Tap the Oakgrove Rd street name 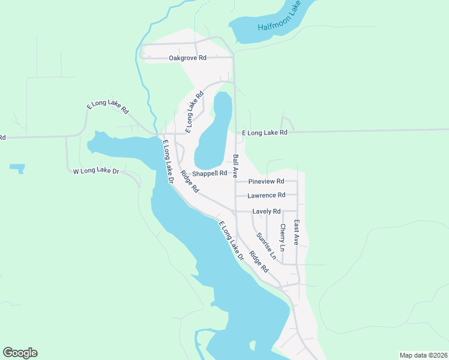click(x=187, y=58)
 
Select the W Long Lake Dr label click(x=97, y=172)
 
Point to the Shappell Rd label click(x=209, y=173)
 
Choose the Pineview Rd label click(x=266, y=181)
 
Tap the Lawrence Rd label click(x=266, y=196)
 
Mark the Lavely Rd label click(x=267, y=211)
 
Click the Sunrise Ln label click(x=266, y=246)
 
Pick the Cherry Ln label click(x=282, y=238)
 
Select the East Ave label click(x=296, y=232)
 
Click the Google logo click(x=20, y=353)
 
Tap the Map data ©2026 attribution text click(x=423, y=355)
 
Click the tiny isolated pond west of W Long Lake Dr click(x=17, y=167)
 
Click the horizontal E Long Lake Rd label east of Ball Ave click(x=265, y=133)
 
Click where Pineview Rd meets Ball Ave click(x=235, y=181)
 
